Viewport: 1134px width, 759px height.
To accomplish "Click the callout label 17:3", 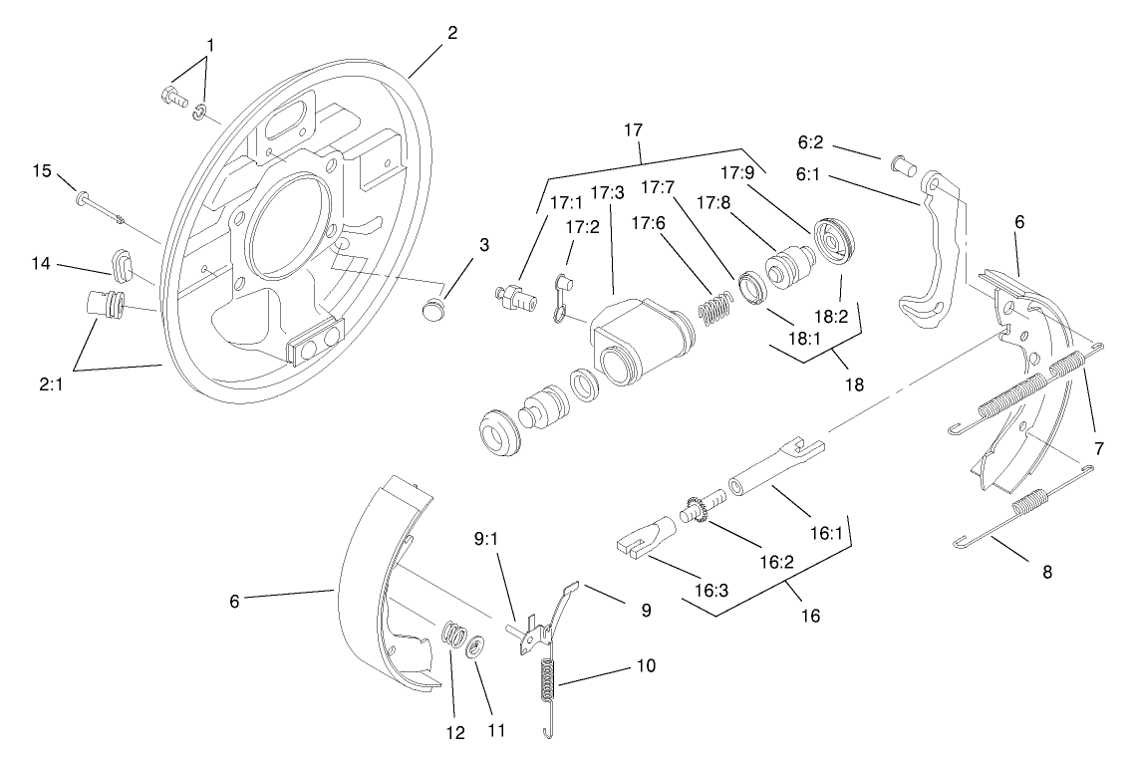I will (608, 191).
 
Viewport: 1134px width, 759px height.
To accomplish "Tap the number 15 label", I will (41, 170).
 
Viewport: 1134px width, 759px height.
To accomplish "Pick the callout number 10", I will (645, 664).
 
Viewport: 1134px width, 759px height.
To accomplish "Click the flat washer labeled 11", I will (474, 645).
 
